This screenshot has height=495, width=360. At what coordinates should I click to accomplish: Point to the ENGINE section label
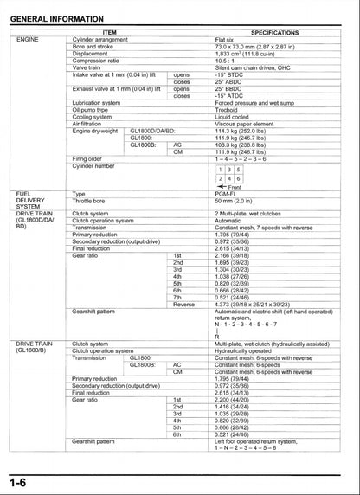coord(29,39)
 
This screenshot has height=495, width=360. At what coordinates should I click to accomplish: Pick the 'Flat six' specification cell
coord(228,39)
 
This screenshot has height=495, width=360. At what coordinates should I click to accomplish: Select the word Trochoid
coord(228,109)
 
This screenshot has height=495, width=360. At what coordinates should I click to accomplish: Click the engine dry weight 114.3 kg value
coord(247,130)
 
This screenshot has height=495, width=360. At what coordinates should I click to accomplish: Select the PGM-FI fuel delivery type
coord(227,194)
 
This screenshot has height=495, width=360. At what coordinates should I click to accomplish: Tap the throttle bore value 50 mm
coord(235,201)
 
